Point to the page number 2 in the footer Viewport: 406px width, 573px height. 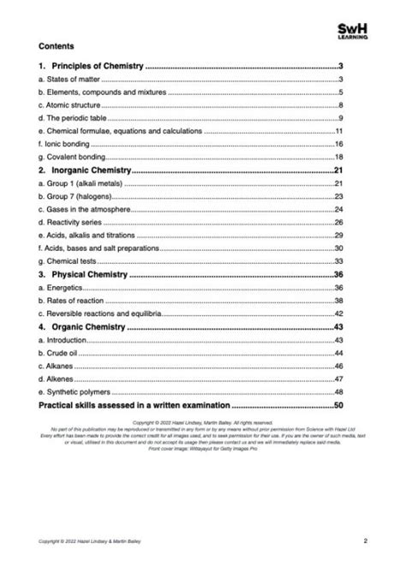[x=365, y=540]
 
